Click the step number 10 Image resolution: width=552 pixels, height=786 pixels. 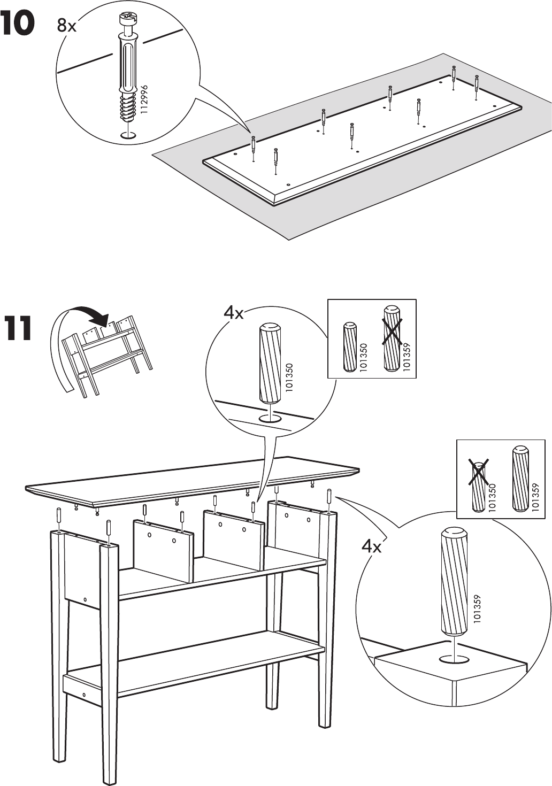click(18, 24)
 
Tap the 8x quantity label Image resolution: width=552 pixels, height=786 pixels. click(67, 26)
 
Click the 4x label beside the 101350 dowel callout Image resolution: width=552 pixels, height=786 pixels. click(233, 313)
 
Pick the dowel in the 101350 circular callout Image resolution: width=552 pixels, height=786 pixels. click(271, 363)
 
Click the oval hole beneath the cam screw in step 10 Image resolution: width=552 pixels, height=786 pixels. click(127, 135)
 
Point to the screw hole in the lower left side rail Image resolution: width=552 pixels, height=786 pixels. click(84, 695)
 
